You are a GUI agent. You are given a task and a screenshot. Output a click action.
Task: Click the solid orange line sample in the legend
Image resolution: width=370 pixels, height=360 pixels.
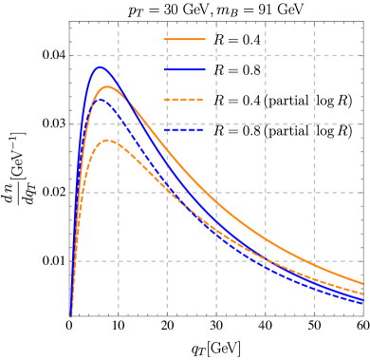(185, 39)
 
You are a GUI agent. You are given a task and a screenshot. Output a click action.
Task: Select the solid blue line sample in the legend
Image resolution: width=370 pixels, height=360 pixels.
(185, 69)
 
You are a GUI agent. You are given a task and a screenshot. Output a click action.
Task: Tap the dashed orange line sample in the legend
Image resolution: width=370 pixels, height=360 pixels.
(185, 100)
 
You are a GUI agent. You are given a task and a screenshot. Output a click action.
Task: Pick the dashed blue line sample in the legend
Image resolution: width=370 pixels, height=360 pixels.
(185, 130)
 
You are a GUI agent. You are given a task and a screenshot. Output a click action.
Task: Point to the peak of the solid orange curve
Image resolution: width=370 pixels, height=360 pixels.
(108, 86)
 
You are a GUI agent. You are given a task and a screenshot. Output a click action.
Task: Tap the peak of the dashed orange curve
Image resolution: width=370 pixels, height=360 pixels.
(109, 141)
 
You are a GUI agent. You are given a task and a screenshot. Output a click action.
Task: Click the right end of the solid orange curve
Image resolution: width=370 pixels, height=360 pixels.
(362, 283)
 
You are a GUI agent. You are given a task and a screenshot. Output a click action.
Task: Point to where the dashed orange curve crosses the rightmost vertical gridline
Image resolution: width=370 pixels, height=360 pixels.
(315, 277)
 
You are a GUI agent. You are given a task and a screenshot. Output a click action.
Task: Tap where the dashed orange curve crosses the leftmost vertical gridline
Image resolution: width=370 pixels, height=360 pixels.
(119, 142)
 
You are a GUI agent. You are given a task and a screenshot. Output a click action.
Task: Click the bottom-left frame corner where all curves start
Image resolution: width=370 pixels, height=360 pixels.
(70, 314)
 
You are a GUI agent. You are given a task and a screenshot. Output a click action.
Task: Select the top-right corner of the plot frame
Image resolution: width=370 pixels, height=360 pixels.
(362, 22)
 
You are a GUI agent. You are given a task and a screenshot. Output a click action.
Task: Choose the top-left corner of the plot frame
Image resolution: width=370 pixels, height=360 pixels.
(70, 22)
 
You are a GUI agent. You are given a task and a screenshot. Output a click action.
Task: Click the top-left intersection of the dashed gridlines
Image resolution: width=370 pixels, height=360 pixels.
(119, 55)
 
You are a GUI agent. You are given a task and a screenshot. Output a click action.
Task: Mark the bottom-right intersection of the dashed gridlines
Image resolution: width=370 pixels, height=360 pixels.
(315, 260)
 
